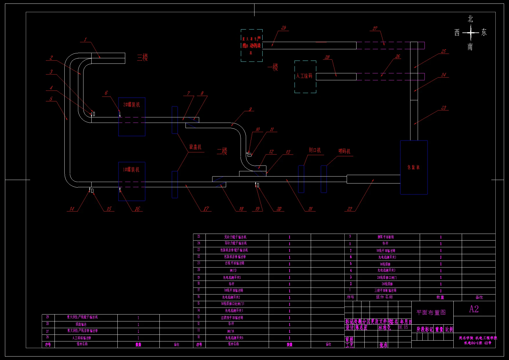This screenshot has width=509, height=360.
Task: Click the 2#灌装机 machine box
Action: click(132, 117)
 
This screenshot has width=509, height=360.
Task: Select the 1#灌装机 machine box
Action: click(132, 181)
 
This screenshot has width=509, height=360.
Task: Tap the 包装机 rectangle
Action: click(414, 167)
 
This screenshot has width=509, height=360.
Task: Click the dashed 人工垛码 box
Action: click(305, 77)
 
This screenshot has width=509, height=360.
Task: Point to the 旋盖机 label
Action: click(195, 147)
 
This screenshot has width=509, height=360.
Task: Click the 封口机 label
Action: click(315, 150)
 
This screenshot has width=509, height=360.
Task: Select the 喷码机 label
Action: click(344, 151)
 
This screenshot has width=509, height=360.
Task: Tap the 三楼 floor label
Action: click(142, 57)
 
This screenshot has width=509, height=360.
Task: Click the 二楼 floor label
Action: click(222, 151)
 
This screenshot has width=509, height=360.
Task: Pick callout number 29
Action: click(283, 28)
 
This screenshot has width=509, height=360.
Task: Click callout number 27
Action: click(375, 28)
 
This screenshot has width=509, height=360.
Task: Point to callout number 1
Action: click(86, 39)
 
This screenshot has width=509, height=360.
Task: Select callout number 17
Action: click(206, 209)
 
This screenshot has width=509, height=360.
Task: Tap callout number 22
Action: click(350, 209)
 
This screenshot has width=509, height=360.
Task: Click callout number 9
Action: click(250, 109)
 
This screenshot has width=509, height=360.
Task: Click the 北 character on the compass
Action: click(470, 19)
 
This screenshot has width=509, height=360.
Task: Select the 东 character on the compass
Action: click(484, 32)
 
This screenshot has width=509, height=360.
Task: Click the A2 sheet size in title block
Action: click(474, 309)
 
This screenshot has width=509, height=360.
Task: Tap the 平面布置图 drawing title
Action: click(431, 312)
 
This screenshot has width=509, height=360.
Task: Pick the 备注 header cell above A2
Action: click(479, 297)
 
